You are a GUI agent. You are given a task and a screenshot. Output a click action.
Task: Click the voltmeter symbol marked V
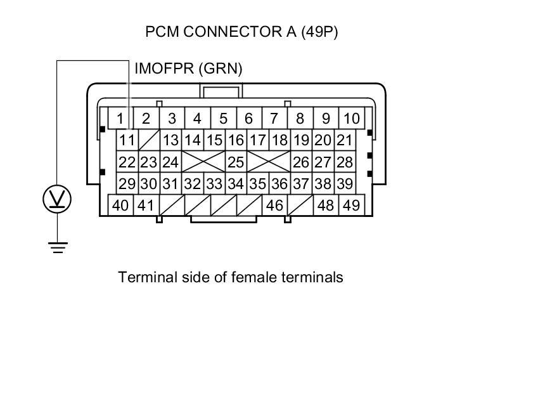click(57, 200)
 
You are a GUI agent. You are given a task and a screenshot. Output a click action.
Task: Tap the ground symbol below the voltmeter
click(58, 247)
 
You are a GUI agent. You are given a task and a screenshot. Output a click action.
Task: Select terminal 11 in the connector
click(127, 140)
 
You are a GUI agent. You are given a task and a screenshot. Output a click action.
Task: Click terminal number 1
click(120, 119)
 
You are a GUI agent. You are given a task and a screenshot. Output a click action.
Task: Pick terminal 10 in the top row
click(351, 119)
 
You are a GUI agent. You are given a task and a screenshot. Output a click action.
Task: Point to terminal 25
click(236, 162)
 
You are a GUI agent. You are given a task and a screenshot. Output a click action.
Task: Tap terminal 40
click(120, 206)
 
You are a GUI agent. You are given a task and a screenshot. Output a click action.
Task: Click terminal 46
click(274, 206)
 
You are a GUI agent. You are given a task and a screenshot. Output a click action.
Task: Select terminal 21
click(344, 140)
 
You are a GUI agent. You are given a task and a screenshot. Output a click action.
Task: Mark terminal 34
click(236, 184)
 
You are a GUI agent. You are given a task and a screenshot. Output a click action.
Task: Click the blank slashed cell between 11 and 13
click(149, 140)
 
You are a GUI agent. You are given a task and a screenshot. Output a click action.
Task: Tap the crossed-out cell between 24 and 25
click(203, 162)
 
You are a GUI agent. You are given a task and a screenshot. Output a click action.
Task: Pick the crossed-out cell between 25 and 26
click(269, 162)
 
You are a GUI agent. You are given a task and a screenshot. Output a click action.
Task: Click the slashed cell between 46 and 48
click(300, 206)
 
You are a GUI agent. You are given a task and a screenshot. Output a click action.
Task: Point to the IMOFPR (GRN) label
click(188, 69)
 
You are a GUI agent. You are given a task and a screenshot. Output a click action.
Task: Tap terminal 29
click(127, 184)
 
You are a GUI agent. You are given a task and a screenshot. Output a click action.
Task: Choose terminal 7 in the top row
click(274, 119)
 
